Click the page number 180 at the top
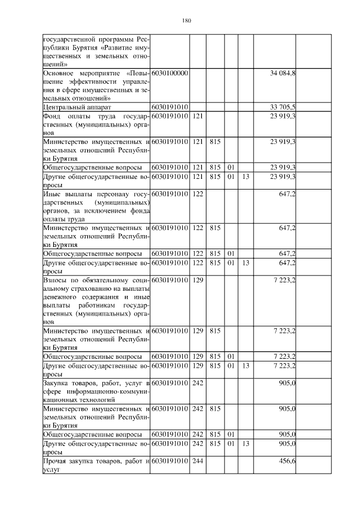click(x=187, y=21)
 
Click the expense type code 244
click(x=197, y=461)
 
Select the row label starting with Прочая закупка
click(x=96, y=465)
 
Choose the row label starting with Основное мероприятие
click(x=96, y=86)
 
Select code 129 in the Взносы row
click(x=197, y=279)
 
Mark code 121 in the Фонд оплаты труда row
click(x=197, y=116)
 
